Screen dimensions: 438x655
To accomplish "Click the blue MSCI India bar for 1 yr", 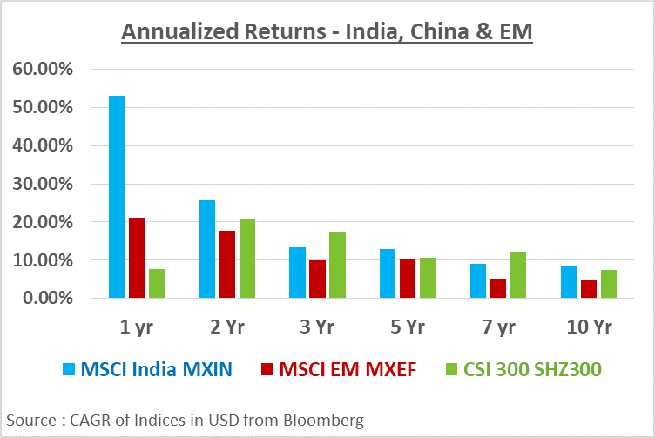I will click(117, 197).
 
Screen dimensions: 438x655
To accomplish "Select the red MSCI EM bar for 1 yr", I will click(136, 258).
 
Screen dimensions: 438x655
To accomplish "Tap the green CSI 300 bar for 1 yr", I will click(156, 284).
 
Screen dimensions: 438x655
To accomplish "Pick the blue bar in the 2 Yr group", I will click(207, 249).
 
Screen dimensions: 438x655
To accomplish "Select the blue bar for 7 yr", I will click(478, 281).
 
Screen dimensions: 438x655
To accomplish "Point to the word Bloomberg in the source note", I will click(325, 421).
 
